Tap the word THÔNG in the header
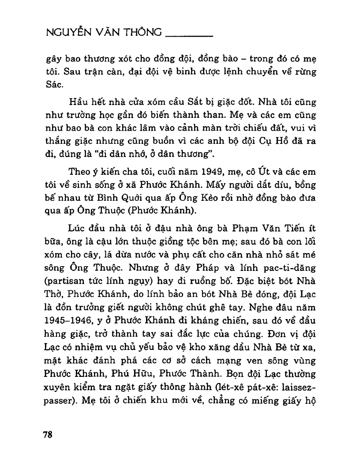tap(142, 34)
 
